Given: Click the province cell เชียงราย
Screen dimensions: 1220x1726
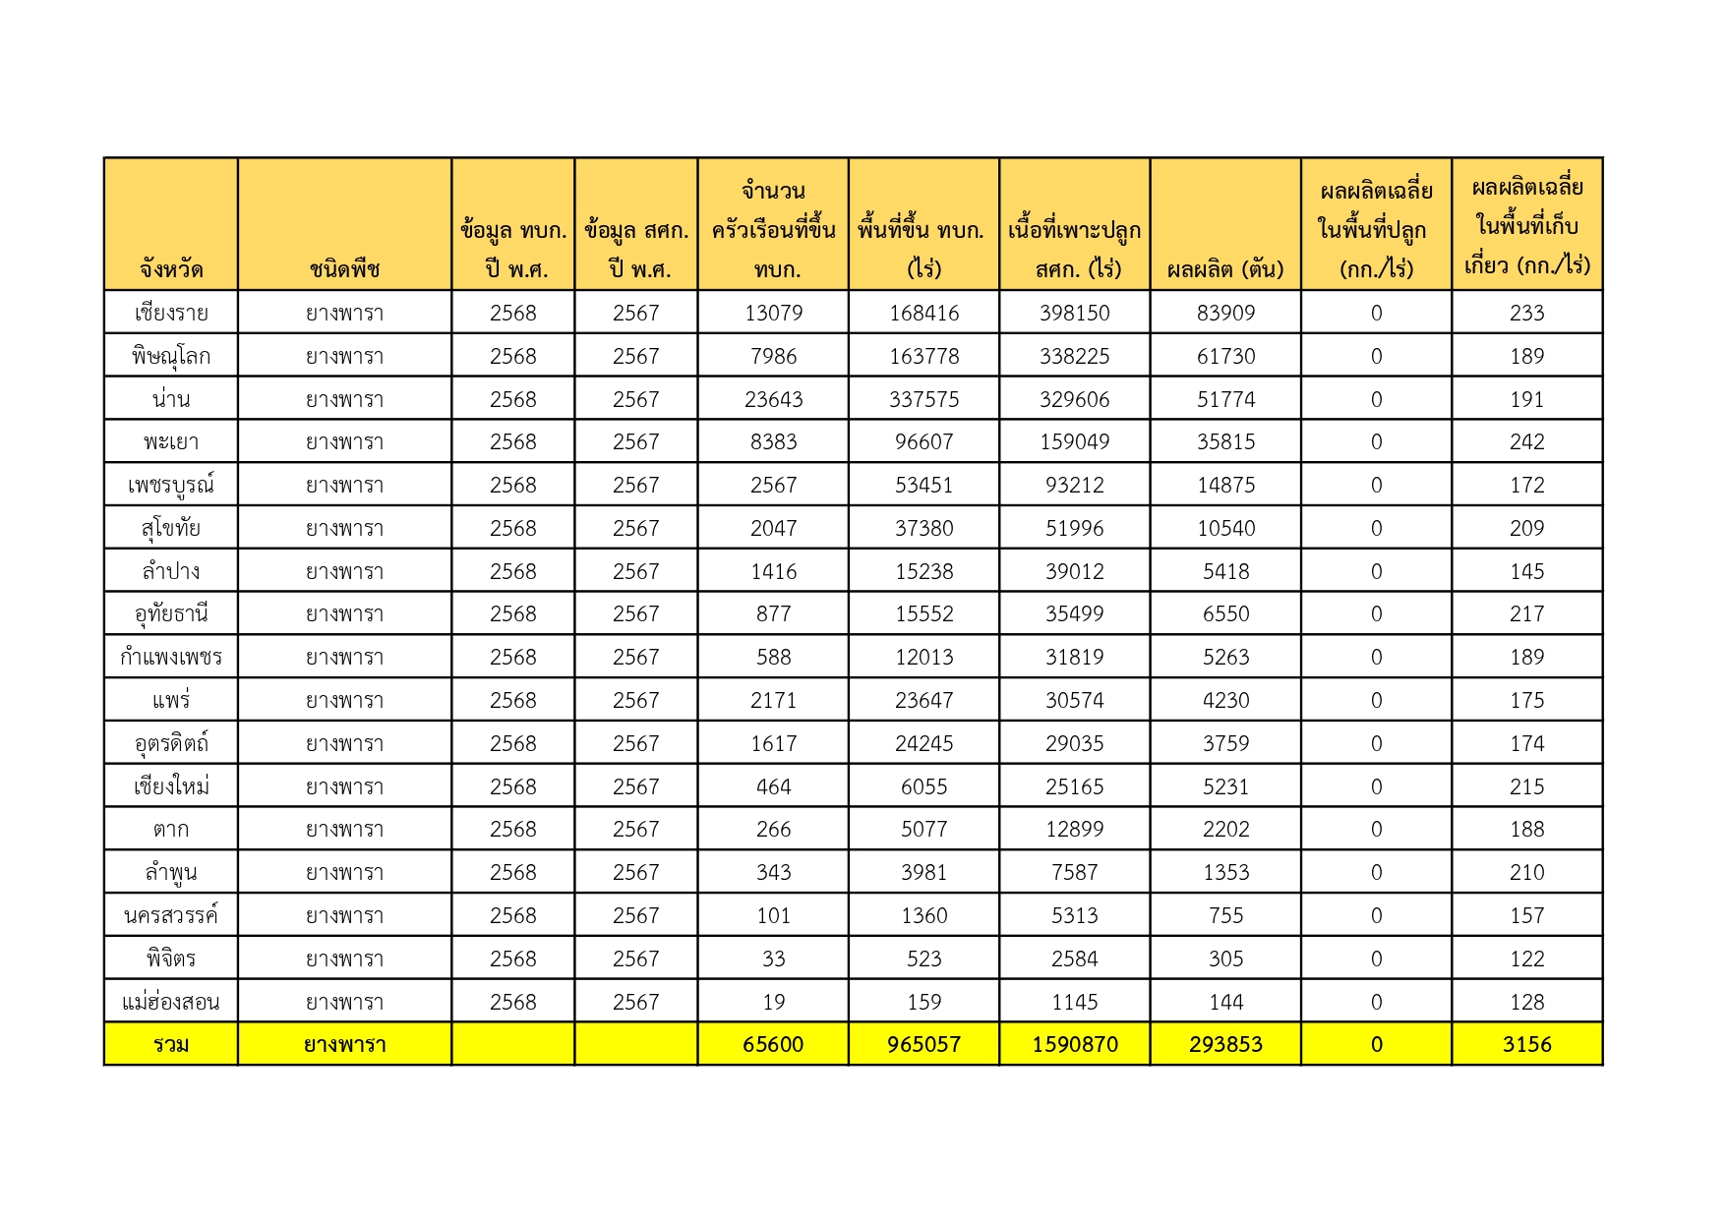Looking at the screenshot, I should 171,313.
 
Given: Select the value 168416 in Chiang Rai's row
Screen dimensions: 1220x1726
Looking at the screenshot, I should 923,313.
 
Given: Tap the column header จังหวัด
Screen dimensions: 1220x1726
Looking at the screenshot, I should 171,268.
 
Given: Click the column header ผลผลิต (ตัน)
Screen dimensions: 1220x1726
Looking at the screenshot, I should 1225,268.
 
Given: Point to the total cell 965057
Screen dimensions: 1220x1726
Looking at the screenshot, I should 923,1044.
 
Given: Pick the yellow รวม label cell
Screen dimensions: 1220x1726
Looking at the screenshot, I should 171,1044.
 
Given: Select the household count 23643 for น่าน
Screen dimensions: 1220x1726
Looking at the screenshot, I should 773,399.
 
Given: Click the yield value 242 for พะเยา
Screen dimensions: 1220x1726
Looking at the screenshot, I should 1526,441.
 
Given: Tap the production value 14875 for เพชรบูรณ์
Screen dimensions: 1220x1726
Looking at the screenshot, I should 1225,485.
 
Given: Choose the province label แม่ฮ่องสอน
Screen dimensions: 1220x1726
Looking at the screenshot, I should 171,1002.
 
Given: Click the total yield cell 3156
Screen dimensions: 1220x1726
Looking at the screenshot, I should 1526,1044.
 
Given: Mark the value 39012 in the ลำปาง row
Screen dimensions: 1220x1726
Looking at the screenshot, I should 1074,571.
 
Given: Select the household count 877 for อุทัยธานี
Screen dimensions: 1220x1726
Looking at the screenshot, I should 773,613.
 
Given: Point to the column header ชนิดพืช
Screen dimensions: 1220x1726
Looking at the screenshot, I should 344,268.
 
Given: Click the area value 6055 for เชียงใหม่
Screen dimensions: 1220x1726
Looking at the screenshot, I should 923,786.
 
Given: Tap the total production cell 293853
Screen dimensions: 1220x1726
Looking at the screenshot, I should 1225,1044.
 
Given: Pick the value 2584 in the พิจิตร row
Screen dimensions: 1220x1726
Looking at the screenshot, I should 1074,959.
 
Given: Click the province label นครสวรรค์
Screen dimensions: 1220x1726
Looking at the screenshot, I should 171,915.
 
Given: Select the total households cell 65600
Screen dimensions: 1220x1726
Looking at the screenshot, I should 773,1044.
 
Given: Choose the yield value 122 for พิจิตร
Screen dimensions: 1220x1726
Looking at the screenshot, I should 1526,959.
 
